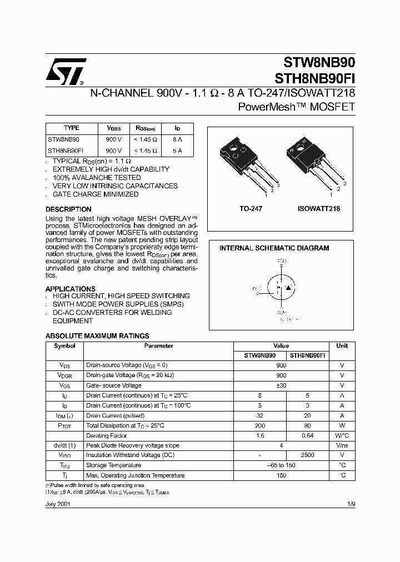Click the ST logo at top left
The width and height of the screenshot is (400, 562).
click(x=65, y=71)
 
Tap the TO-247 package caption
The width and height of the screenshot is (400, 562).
click(x=251, y=209)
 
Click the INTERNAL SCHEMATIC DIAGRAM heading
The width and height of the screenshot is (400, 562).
click(x=274, y=248)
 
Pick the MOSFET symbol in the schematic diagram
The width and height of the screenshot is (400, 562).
click(x=281, y=288)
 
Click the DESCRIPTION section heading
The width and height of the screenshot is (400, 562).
click(x=68, y=209)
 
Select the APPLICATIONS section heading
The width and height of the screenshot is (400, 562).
click(x=70, y=289)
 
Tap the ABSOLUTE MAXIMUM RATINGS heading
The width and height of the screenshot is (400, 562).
click(x=97, y=336)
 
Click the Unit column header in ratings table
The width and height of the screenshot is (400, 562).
click(x=342, y=345)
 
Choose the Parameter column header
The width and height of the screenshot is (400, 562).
click(x=158, y=345)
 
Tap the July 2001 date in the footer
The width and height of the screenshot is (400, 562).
click(x=57, y=504)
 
